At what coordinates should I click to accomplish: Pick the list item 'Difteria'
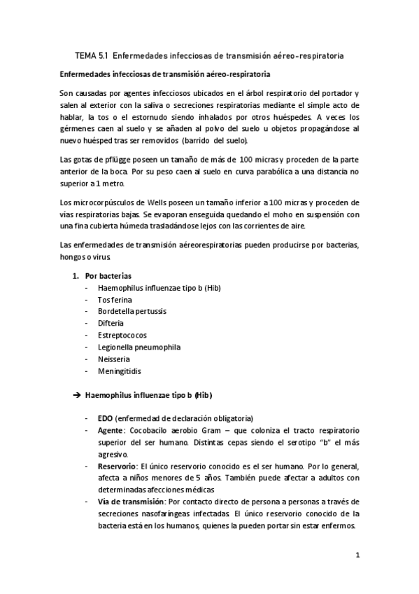[x=111, y=323]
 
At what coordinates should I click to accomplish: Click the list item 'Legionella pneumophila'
[x=134, y=347]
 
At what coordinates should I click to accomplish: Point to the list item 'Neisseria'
[x=113, y=359]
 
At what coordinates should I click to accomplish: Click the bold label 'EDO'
[x=106, y=418]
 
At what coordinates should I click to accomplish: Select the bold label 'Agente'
[x=112, y=430]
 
